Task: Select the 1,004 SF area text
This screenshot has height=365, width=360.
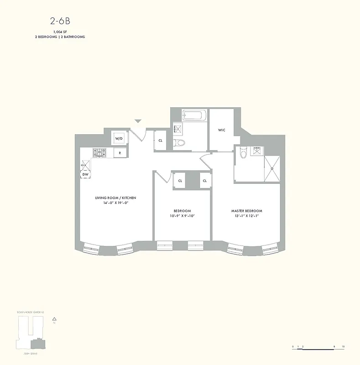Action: (x=60, y=31)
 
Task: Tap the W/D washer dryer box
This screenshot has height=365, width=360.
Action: (x=119, y=138)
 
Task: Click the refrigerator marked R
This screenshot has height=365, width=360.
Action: (x=120, y=153)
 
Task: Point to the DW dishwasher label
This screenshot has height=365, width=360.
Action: (x=85, y=174)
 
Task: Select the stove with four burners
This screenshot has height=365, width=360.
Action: (x=100, y=152)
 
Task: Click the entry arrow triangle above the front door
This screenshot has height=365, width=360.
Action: (x=138, y=121)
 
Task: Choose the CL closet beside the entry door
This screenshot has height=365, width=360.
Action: (x=160, y=141)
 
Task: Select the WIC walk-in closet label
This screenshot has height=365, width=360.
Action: (x=221, y=130)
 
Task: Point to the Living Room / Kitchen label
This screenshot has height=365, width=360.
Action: (x=115, y=198)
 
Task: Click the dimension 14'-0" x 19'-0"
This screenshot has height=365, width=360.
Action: (x=115, y=203)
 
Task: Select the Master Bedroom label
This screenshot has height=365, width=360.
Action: (x=246, y=211)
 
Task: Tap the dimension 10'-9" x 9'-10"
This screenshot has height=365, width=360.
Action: (x=182, y=216)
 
